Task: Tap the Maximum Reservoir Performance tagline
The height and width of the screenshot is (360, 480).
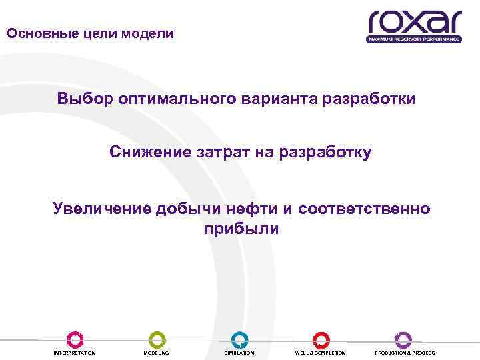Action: pyautogui.click(x=414, y=39)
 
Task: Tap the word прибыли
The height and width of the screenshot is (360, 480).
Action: pyautogui.click(x=239, y=229)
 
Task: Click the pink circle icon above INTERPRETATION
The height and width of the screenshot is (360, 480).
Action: pyautogui.click(x=75, y=339)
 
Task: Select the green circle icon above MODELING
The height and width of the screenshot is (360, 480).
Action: pyautogui.click(x=157, y=339)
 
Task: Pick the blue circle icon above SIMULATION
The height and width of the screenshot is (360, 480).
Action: pyautogui.click(x=239, y=339)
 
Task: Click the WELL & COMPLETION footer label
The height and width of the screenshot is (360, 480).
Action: pyautogui.click(x=320, y=353)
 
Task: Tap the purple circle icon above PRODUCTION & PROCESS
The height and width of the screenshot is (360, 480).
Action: pyautogui.click(x=403, y=339)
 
